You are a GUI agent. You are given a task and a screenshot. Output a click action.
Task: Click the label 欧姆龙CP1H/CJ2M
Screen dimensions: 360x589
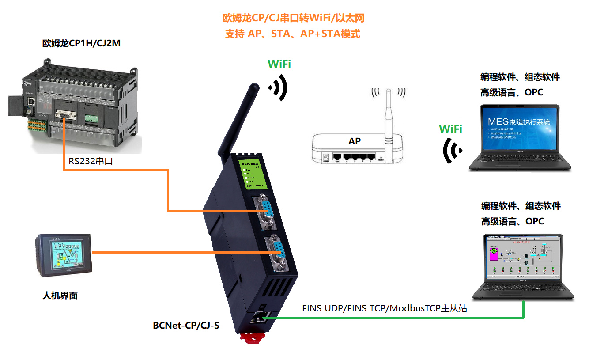tap(81, 43)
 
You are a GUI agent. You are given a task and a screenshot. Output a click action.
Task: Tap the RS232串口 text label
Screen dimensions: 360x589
tap(91, 161)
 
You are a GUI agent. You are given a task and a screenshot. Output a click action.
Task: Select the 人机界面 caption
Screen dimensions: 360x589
tap(60, 296)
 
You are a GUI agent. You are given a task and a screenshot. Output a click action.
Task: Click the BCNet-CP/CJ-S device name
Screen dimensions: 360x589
tap(186, 326)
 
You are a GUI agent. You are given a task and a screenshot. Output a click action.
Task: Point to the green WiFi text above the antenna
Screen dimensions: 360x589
tap(279, 64)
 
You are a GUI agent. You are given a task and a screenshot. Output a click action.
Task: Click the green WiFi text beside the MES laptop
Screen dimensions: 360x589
tap(450, 129)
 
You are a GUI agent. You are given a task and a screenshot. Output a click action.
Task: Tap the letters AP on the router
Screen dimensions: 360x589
tap(355, 141)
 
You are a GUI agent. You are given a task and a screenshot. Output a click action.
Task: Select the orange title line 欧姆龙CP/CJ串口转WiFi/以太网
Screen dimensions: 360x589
tap(293, 18)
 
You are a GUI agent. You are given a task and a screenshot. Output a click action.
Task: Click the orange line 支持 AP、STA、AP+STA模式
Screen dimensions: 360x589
tap(293, 34)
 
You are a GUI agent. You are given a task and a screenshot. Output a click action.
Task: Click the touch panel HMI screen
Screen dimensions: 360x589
tap(65, 254)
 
